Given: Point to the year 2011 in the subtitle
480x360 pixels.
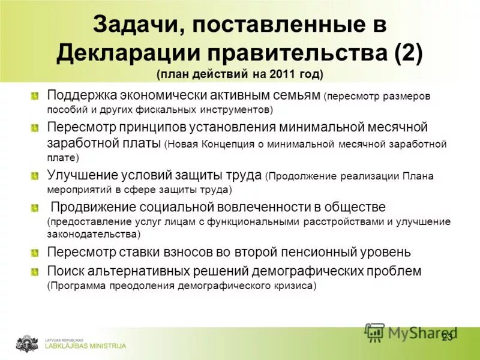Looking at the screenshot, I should tap(280, 74).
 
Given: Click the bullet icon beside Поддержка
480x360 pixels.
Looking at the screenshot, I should tap(35, 96).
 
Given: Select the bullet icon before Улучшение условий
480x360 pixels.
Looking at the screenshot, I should tap(35, 175).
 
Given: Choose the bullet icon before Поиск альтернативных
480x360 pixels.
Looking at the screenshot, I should tap(35, 271).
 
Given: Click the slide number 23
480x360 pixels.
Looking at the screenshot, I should tap(448, 338).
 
